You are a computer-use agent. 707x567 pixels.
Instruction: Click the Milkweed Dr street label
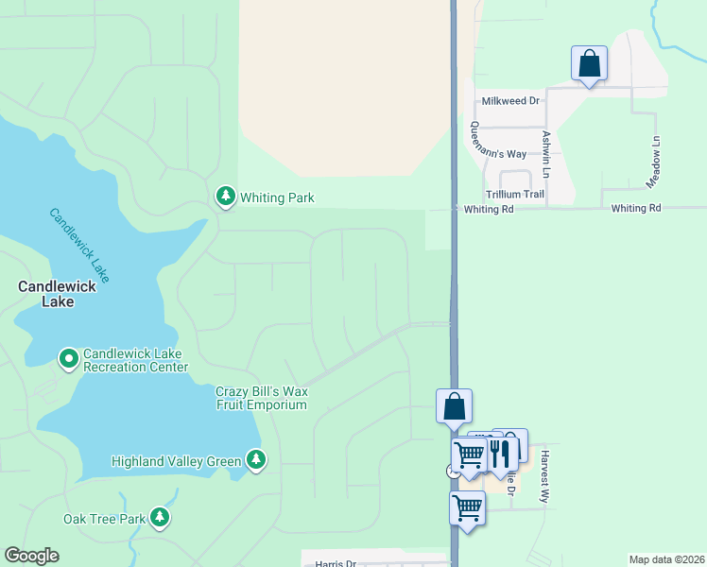click(x=509, y=100)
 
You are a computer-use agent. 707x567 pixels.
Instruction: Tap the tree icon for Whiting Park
click(x=225, y=197)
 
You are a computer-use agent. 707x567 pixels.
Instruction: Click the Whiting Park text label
click(x=277, y=198)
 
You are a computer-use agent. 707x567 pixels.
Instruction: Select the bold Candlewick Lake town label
click(x=44, y=293)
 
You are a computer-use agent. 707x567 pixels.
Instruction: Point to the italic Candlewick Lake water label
click(x=80, y=244)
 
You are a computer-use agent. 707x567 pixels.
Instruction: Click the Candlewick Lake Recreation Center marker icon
click(x=68, y=359)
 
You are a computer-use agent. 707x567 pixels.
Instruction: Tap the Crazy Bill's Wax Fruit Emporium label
click(x=262, y=398)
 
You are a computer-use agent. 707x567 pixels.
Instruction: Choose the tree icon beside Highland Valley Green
click(x=255, y=460)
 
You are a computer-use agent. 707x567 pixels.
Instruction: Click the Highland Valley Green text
click(x=177, y=461)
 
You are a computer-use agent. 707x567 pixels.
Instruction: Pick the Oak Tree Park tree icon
click(x=161, y=517)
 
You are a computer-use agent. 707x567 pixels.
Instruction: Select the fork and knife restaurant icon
click(x=502, y=452)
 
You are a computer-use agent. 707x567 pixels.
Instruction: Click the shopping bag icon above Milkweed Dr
click(x=589, y=64)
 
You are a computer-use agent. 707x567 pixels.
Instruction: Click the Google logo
click(x=31, y=556)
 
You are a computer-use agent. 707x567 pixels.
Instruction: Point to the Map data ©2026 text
click(x=666, y=559)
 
